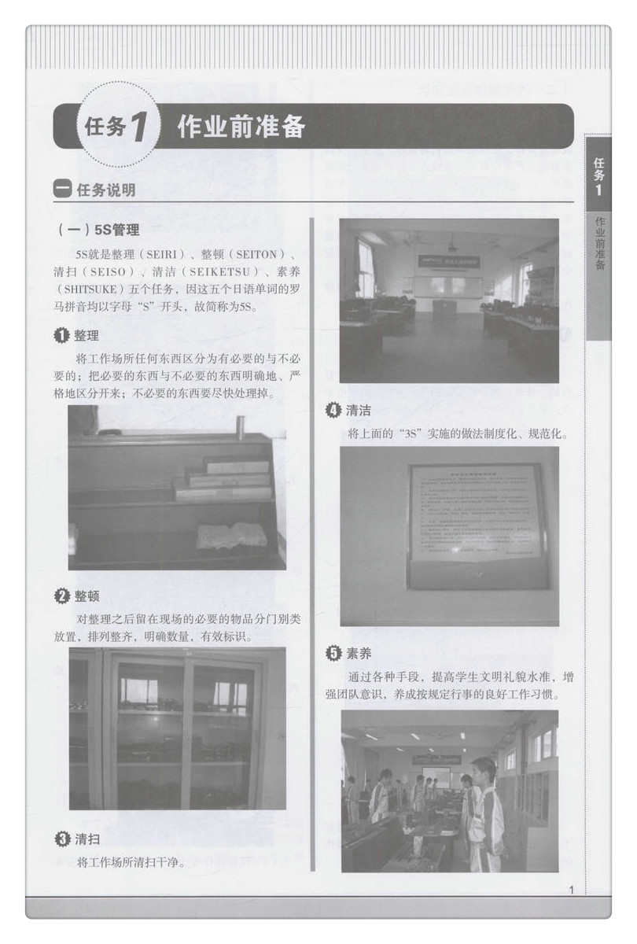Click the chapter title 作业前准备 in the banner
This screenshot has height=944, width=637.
click(241, 127)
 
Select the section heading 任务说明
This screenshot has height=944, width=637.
click(105, 190)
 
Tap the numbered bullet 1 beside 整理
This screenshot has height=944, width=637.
click(61, 336)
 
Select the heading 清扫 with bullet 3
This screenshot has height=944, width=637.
click(87, 839)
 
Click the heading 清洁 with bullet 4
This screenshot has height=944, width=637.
click(358, 410)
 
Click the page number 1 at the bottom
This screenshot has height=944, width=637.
click(571, 890)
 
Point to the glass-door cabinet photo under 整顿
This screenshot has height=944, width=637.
click(177, 728)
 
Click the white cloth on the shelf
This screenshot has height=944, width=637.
click(231, 535)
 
